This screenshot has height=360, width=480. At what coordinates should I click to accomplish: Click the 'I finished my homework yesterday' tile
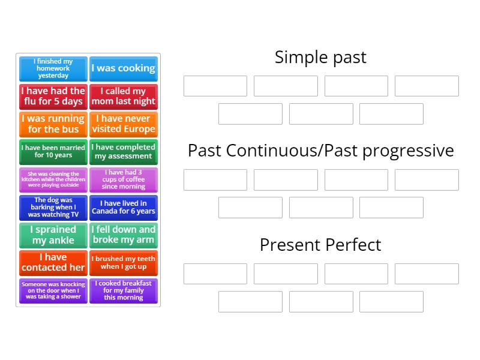[x=53, y=68]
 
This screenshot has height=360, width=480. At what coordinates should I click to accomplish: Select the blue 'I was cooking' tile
[x=123, y=68]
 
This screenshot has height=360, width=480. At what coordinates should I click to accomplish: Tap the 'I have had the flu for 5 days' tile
[x=53, y=96]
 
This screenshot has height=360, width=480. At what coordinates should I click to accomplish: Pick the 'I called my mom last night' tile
[x=123, y=96]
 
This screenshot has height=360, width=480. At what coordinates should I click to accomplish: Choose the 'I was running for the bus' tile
[x=53, y=124]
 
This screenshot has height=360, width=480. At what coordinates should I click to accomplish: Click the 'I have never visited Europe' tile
[x=123, y=124]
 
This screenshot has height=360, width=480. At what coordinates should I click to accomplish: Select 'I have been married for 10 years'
[x=53, y=151]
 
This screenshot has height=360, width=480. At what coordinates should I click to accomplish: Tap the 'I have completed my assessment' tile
[x=123, y=151]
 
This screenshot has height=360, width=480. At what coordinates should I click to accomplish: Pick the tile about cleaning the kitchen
[x=53, y=179]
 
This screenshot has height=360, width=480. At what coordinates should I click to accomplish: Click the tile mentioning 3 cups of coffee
[x=123, y=179]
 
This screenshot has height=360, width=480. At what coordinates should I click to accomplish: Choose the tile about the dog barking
[x=53, y=207]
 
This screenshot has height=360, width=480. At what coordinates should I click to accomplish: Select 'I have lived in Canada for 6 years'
[x=123, y=207]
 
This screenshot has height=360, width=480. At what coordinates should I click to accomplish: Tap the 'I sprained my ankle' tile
[x=53, y=235]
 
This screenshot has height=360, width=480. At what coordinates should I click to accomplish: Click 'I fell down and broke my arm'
[x=123, y=235]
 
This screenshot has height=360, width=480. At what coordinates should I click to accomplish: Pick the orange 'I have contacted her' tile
[x=53, y=262]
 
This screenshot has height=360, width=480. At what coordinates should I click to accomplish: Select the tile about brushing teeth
[x=123, y=262]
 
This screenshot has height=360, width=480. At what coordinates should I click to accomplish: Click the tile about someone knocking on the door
[x=53, y=290]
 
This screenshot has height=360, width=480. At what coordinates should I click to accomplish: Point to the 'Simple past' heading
[x=320, y=57]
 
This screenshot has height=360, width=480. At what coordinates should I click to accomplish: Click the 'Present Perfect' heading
[x=320, y=245]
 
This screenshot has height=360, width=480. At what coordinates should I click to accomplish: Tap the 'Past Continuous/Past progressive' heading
[x=320, y=150]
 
